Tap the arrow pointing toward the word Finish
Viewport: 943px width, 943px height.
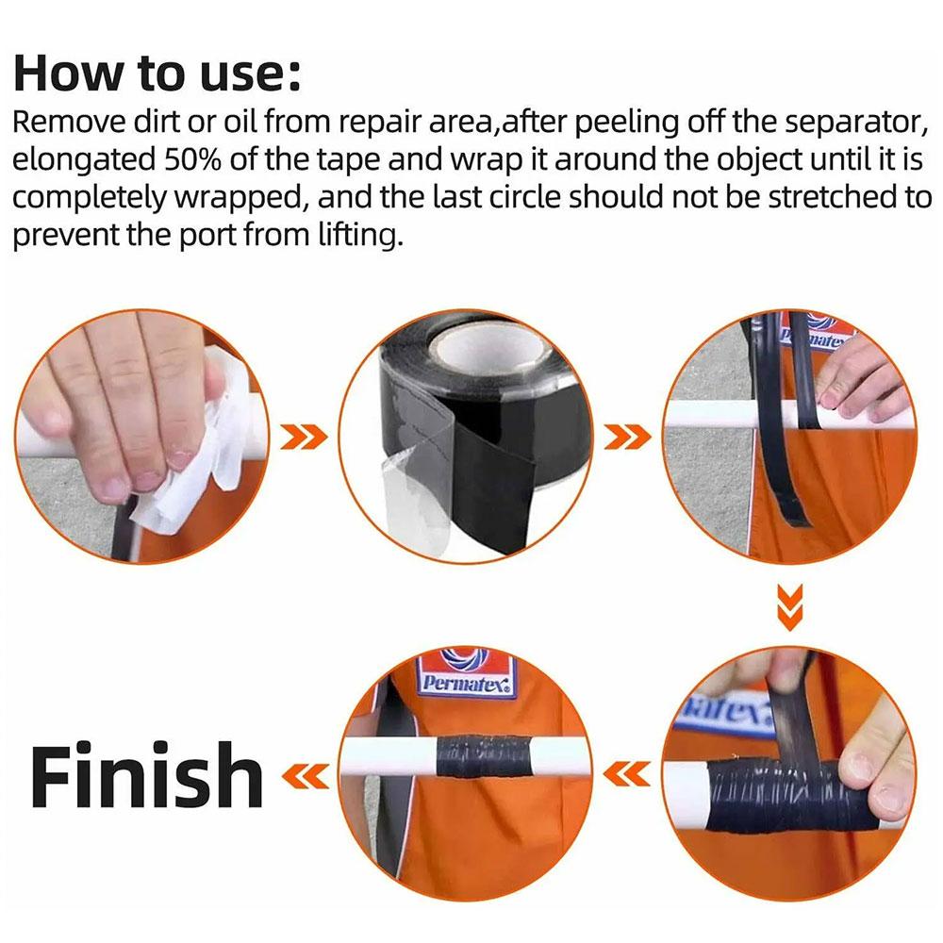(306, 776)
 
